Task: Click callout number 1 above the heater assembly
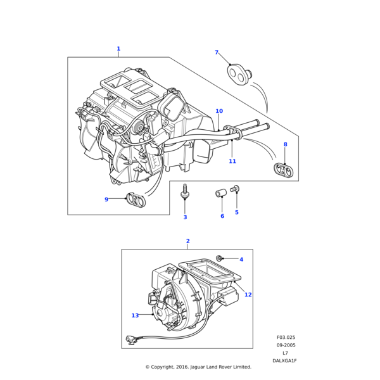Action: click(118, 49)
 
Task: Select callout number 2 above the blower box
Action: click(187, 241)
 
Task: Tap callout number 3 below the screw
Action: click(185, 217)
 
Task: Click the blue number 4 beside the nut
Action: click(241, 259)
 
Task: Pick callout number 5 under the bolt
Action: click(237, 212)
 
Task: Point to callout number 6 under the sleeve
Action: click(222, 216)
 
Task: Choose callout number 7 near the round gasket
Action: click(217, 53)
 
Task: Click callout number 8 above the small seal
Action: click(285, 144)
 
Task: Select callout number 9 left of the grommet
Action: click(106, 199)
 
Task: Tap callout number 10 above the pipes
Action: click(219, 111)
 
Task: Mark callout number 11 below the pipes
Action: click(232, 161)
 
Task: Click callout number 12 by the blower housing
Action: click(248, 294)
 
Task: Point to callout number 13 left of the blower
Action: click(135, 315)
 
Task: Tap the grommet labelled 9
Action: click(136, 199)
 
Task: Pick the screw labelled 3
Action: click(184, 192)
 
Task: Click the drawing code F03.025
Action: click(286, 338)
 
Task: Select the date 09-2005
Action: click(286, 345)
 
